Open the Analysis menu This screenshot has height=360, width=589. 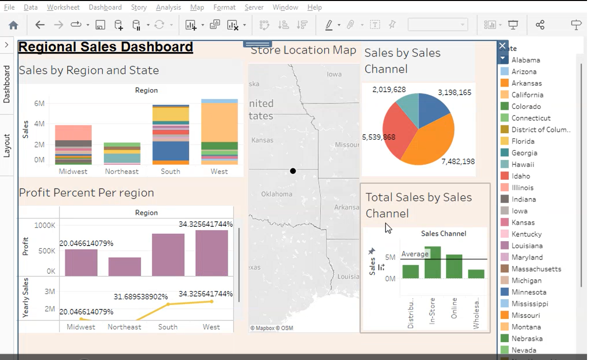pyautogui.click(x=168, y=7)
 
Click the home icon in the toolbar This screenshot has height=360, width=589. pyautogui.click(x=13, y=25)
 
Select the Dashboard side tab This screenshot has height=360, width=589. pyautogui.click(x=7, y=84)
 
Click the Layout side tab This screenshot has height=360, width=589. pyautogui.click(x=7, y=145)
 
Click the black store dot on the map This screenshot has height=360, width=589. pyautogui.click(x=293, y=171)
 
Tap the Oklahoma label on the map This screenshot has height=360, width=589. pyautogui.click(x=277, y=194)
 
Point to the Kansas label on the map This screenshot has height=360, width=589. pyautogui.click(x=262, y=140)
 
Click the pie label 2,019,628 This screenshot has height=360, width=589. pyautogui.click(x=389, y=90)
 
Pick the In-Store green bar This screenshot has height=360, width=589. pyautogui.click(x=433, y=263)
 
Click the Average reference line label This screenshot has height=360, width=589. pyautogui.click(x=415, y=254)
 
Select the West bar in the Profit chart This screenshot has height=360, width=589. pyautogui.click(x=211, y=253)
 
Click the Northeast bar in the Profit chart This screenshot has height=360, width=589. pyautogui.click(x=125, y=266)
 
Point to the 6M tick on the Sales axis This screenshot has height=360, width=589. pyautogui.click(x=39, y=103)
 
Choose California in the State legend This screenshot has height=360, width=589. pyautogui.click(x=527, y=95)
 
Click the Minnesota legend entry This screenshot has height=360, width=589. pyautogui.click(x=529, y=292)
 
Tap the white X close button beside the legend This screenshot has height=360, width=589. pyautogui.click(x=502, y=46)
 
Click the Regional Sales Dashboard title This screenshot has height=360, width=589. pyautogui.click(x=105, y=47)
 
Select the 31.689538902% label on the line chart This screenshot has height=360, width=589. pyautogui.click(x=141, y=297)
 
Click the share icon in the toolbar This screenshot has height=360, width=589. pyautogui.click(x=540, y=25)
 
